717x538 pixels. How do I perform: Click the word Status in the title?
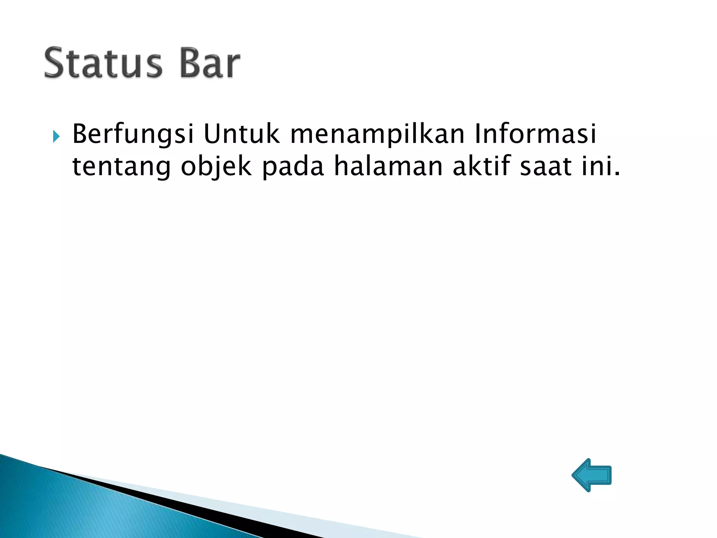click(103, 63)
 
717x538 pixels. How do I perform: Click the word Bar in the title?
click(210, 63)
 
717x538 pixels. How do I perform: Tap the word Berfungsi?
click(133, 134)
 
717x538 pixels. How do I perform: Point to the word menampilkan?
click(377, 134)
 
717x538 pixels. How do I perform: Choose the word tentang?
click(121, 166)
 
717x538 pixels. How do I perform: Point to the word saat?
click(546, 166)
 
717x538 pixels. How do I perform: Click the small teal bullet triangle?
click(56, 137)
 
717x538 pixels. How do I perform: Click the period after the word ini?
click(617, 173)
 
